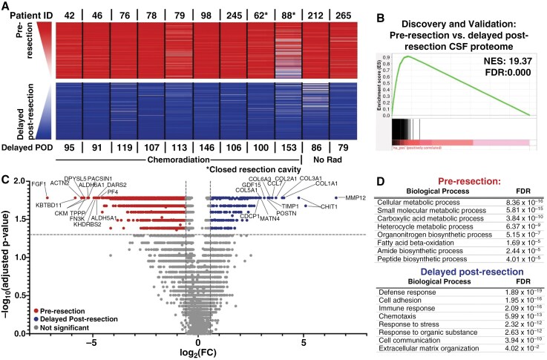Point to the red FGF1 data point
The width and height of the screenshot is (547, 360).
pos(46,198)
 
